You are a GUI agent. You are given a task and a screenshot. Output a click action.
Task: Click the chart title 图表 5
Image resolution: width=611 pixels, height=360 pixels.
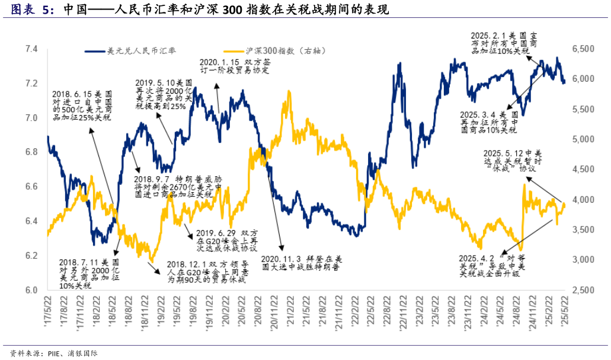click(33, 9)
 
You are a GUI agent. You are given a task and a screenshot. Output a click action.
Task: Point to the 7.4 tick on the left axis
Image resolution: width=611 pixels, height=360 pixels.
click(30, 49)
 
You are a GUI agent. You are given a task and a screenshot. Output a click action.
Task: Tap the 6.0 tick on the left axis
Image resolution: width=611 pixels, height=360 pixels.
click(30, 290)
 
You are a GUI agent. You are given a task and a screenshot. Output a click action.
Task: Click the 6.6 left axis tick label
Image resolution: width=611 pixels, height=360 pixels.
click(30, 187)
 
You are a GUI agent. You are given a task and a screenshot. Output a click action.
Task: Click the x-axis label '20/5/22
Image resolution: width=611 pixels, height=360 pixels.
click(239, 308)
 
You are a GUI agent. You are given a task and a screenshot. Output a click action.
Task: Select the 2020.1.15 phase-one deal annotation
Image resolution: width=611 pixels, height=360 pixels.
click(235, 66)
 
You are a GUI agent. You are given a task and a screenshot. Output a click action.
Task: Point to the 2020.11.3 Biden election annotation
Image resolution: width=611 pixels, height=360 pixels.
click(303, 263)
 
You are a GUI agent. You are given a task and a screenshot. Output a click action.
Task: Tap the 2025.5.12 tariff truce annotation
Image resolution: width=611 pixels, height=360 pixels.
click(513, 160)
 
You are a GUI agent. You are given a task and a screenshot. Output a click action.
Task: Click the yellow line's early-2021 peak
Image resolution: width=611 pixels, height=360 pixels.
click(289, 93)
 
